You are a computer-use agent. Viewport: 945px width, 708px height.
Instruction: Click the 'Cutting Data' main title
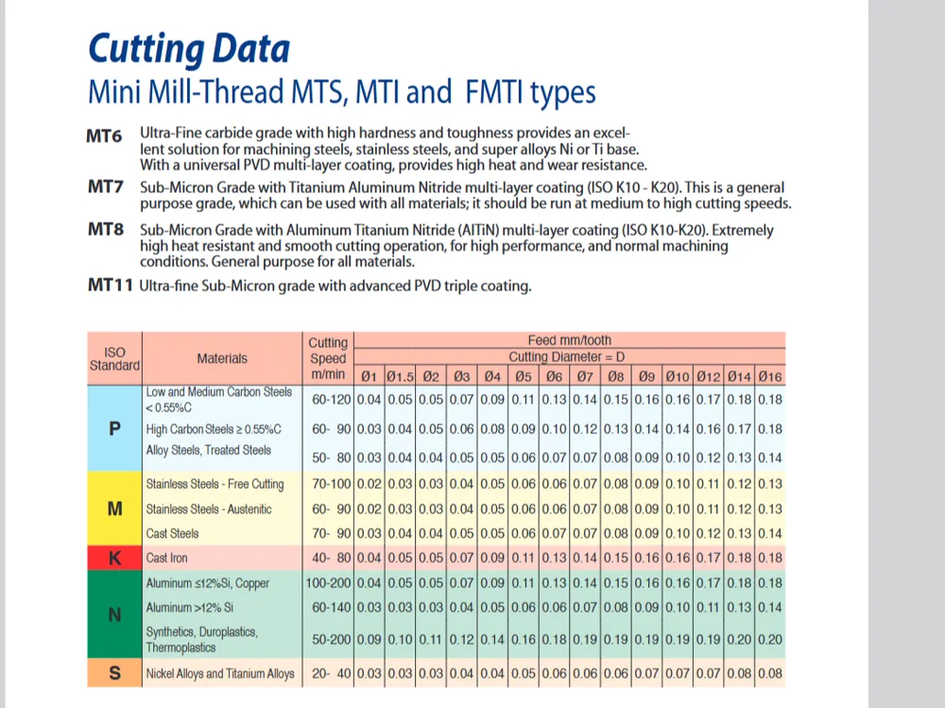[189, 49]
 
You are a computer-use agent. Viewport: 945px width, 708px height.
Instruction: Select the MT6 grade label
[104, 136]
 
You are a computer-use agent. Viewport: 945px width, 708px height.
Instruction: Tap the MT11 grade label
[111, 285]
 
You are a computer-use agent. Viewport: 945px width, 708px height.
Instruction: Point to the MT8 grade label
[106, 229]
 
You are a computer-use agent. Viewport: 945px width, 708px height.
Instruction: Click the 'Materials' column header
[222, 358]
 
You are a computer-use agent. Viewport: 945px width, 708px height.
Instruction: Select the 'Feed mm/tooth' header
[570, 340]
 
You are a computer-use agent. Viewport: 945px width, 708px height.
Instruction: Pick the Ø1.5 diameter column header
[400, 376]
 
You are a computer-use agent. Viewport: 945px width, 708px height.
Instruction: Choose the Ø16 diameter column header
[770, 376]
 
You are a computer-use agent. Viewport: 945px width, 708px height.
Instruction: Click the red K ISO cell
[114, 558]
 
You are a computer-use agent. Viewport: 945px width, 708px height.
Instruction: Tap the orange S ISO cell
[114, 672]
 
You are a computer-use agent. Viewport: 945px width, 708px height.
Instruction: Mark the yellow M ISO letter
[114, 509]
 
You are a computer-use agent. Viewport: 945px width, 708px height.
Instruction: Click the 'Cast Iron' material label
[166, 558]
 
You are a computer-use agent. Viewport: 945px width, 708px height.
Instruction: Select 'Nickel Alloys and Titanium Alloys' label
[220, 674]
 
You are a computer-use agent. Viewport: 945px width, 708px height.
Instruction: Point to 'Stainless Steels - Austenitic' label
[209, 509]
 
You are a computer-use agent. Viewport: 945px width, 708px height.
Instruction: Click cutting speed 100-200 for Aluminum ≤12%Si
[328, 583]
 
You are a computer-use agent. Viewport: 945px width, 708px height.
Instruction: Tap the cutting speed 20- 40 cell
[331, 674]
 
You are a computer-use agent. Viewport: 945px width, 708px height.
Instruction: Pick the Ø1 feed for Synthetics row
[369, 639]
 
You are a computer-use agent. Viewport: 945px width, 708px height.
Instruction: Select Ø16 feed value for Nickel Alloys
[770, 674]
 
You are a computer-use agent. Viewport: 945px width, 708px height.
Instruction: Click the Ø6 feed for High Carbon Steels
[554, 429]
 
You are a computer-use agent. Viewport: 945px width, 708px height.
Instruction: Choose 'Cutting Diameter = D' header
[566, 356]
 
